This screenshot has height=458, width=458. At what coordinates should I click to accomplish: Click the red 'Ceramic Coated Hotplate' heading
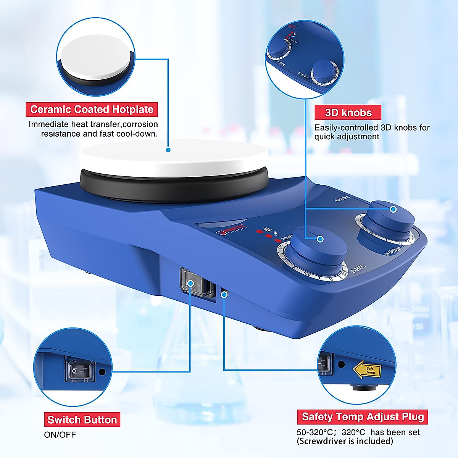(x=92, y=110)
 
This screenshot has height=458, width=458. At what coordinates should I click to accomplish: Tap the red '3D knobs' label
(x=348, y=113)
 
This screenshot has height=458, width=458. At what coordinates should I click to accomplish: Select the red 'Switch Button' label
(x=82, y=420)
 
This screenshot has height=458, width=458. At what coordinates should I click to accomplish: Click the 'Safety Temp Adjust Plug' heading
(x=363, y=417)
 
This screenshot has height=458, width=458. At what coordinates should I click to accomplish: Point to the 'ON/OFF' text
(x=60, y=435)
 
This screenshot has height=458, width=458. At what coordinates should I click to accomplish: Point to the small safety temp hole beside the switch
(x=224, y=294)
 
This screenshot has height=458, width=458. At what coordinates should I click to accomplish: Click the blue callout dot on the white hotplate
(x=168, y=150)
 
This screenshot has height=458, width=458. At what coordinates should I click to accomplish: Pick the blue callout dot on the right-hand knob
(x=393, y=209)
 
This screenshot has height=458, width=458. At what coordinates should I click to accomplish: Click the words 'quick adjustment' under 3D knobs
(x=347, y=137)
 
